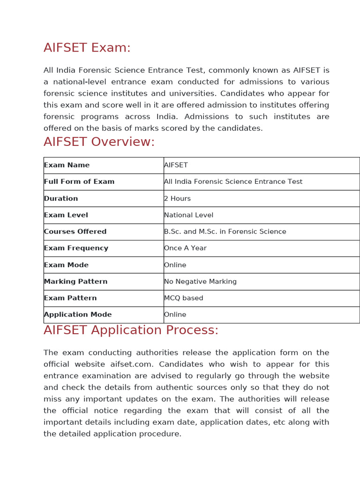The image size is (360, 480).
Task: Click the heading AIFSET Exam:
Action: tap(87, 48)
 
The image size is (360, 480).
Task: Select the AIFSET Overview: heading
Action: tap(99, 142)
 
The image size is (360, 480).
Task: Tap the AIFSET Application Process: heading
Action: tap(131, 330)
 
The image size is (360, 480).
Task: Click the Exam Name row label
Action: tap(67, 165)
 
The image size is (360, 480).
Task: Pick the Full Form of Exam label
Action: tap(79, 181)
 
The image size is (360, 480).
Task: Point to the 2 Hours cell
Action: tap(177, 198)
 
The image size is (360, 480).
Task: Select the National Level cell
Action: tap(188, 215)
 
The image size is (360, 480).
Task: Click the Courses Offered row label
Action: tap(75, 232)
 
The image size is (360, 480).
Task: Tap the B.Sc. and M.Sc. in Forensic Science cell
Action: tap(225, 232)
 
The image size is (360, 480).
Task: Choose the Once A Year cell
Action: tap(185, 248)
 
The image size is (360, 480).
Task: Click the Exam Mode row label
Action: tap(66, 265)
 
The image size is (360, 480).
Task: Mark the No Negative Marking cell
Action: tap(200, 282)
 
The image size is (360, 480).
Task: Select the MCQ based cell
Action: tap(183, 298)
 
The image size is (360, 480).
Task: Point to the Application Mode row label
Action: tap(78, 315)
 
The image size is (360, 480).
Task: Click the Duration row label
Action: tap(61, 198)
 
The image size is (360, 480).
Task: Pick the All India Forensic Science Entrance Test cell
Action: tap(233, 181)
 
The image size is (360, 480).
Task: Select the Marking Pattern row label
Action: tap(75, 282)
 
